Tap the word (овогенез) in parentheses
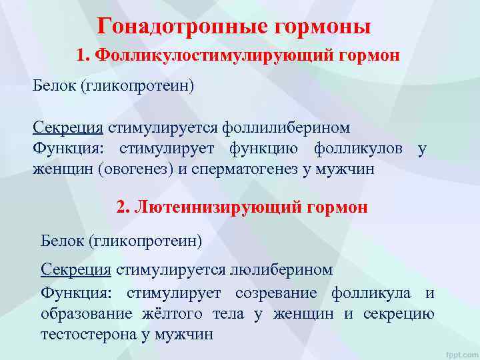(137, 169)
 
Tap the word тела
(228, 314)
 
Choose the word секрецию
(399, 314)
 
